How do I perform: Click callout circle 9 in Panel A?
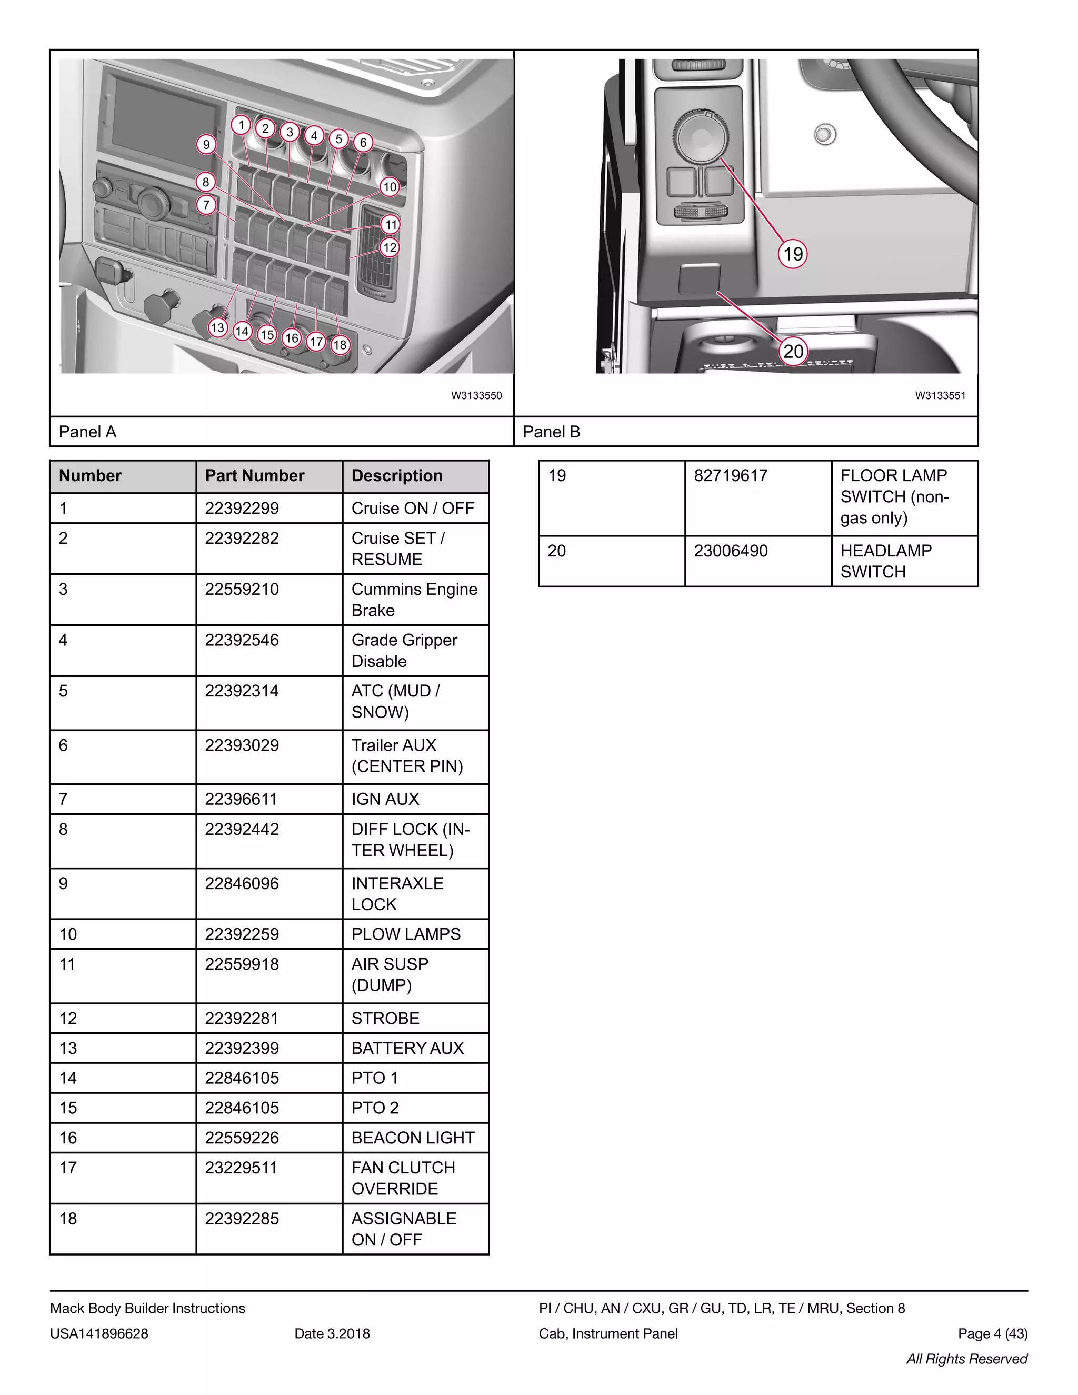pyautogui.click(x=206, y=144)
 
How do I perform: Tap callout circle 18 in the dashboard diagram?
pyautogui.click(x=340, y=345)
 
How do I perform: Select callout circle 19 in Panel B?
pyautogui.click(x=793, y=254)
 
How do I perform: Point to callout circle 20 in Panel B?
pyautogui.click(x=793, y=351)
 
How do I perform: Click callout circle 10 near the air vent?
pyautogui.click(x=390, y=187)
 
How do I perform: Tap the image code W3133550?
pyautogui.click(x=476, y=395)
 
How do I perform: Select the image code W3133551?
pyautogui.click(x=940, y=395)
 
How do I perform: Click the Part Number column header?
pyautogui.click(x=255, y=476)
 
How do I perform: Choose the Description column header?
pyautogui.click(x=396, y=476)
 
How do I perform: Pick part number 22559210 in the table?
pyautogui.click(x=242, y=589)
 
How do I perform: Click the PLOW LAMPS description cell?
pyautogui.click(x=405, y=934)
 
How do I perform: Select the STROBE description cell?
pyautogui.click(x=385, y=1018)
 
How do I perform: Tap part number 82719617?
pyautogui.click(x=731, y=476)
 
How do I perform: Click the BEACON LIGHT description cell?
pyautogui.click(x=413, y=1138)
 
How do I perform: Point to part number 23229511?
pyautogui.click(x=241, y=1168)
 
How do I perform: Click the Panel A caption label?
pyautogui.click(x=87, y=432)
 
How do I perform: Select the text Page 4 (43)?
pyautogui.click(x=992, y=1334)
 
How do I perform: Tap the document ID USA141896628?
pyautogui.click(x=99, y=1334)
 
